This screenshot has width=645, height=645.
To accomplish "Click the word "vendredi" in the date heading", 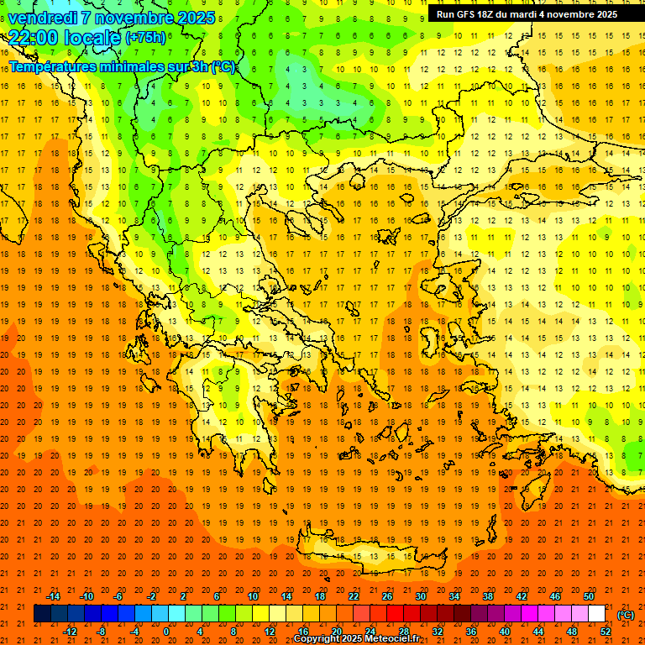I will pyautogui.click(x=43, y=18).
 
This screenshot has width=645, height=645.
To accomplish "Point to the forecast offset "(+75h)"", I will pyautogui.click(x=145, y=38).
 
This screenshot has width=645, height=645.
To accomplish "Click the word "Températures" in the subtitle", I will pyautogui.click(x=52, y=66).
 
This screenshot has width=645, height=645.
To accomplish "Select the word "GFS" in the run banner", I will pyautogui.click(x=470, y=14).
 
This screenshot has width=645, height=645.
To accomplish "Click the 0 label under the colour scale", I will pyautogui.click(x=166, y=632).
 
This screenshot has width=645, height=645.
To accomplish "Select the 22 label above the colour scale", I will pyautogui.click(x=354, y=596).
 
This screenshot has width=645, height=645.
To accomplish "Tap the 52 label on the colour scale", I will pyautogui.click(x=606, y=632).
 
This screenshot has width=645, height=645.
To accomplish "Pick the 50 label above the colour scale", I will pyautogui.click(x=589, y=596).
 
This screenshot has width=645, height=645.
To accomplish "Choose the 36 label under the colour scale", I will pyautogui.click(x=471, y=632).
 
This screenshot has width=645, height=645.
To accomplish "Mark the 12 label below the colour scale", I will pyautogui.click(x=270, y=632).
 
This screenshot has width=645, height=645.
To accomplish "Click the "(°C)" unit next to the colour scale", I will pyautogui.click(x=626, y=615).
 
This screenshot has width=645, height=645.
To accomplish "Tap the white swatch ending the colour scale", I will pyautogui.click(x=596, y=614).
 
